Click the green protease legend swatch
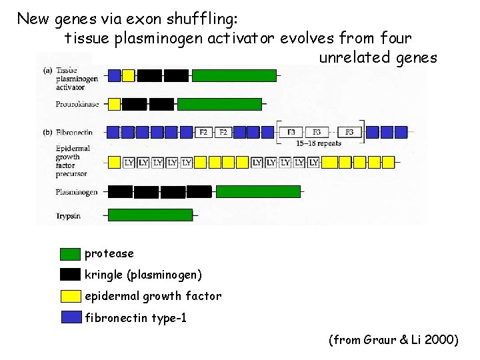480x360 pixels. (70, 254)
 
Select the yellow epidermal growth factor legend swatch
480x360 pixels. (70, 296)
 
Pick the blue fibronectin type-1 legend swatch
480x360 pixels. (70, 317)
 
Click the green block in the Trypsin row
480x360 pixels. (150, 215)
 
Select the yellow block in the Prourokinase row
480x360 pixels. (114, 104)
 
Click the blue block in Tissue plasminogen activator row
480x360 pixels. (114, 75)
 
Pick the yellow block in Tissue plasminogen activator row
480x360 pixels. (129, 75)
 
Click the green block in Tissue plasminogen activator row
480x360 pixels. (234, 75)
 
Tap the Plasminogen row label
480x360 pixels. (77, 192)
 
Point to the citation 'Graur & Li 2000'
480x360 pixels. (393, 340)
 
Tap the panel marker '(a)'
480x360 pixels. (48, 69)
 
